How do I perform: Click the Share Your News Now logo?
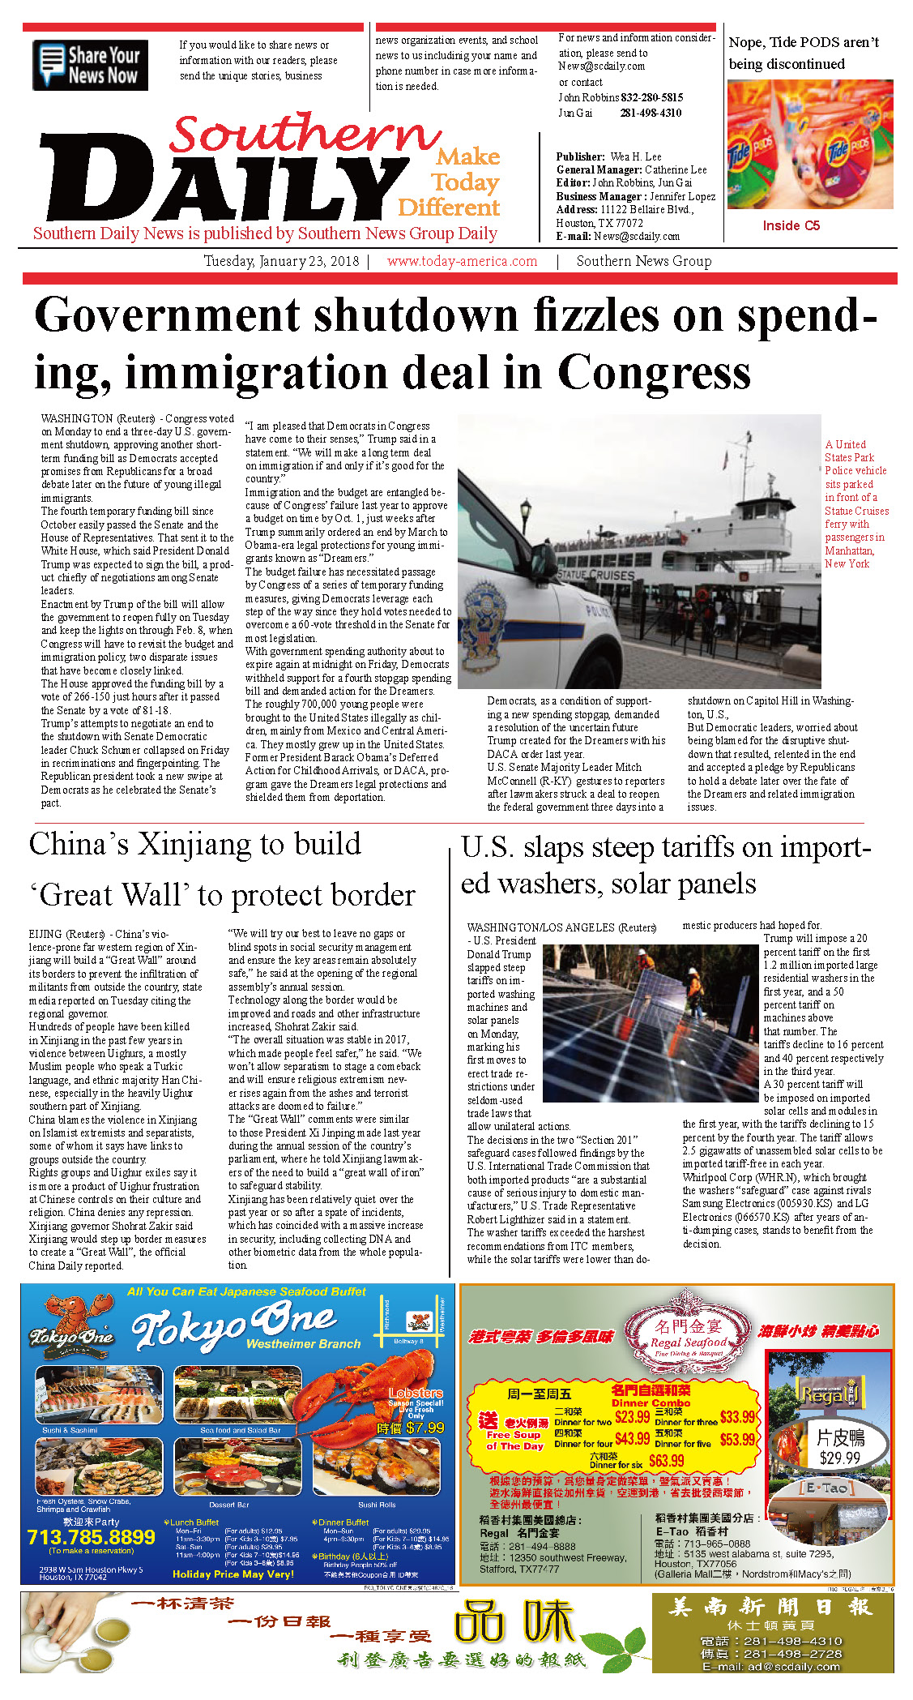(90, 65)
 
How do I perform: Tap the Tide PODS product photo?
(810, 144)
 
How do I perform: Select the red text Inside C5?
(791, 225)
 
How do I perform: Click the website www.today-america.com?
(462, 261)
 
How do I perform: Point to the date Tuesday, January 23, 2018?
(281, 261)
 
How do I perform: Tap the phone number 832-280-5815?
(652, 97)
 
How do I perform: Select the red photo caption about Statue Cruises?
(856, 503)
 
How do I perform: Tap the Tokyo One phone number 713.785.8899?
(91, 1537)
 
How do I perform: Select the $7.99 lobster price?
(425, 1428)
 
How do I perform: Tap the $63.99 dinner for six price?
(666, 1460)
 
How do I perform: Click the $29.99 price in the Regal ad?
(839, 1457)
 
